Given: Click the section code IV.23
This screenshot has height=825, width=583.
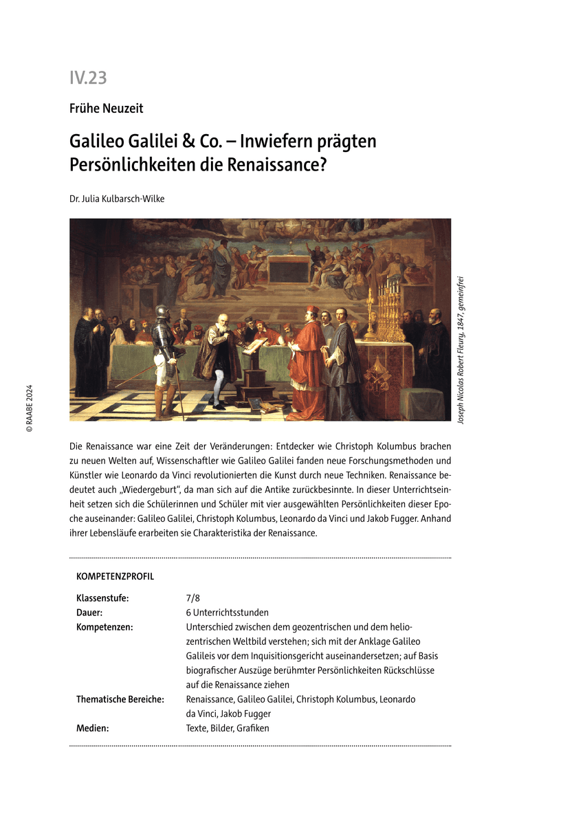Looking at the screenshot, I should click(x=88, y=78).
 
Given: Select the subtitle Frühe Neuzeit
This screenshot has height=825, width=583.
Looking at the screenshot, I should click(x=106, y=108).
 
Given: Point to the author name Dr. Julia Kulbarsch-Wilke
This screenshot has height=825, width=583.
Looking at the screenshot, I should click(x=117, y=199).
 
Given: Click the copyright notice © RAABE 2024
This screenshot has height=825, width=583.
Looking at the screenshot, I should click(x=29, y=408).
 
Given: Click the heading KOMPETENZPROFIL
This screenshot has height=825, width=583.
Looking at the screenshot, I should click(x=115, y=577).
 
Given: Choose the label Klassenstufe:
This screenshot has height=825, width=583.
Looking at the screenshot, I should click(x=102, y=598).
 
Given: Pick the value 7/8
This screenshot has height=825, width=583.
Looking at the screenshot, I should click(x=192, y=598).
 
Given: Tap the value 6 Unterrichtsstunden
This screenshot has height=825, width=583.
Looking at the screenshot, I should click(x=227, y=613).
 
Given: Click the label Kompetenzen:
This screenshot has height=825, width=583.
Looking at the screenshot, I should click(x=104, y=627).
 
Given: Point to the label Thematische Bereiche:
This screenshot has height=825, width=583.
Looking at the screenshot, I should click(x=120, y=699).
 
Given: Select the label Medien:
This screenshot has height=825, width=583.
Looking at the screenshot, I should click(x=92, y=728).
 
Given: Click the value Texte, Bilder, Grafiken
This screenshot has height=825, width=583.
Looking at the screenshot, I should click(x=228, y=728).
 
